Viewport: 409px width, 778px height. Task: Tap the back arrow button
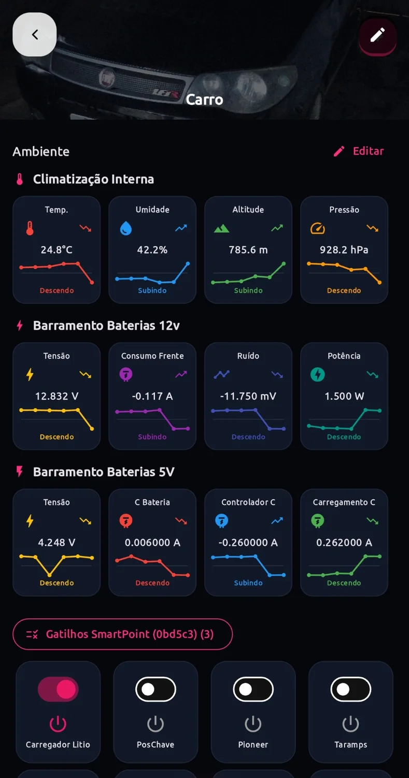point(34,34)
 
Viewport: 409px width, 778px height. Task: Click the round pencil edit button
point(377,35)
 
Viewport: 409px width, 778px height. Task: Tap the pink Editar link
point(359,151)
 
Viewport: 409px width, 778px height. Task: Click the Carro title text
point(204,100)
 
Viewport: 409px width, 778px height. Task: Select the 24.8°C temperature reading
point(57,249)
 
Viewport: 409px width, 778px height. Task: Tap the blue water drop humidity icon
point(125,229)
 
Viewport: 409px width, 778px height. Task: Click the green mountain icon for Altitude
point(221,229)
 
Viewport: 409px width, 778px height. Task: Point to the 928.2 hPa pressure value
point(344,249)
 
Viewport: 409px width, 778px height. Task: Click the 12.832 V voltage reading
point(57,396)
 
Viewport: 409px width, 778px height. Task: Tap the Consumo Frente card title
point(152,356)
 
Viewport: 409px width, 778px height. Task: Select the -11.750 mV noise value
point(248,396)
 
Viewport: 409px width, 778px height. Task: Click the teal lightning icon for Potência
point(317,374)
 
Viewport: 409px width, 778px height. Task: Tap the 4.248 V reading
point(57,542)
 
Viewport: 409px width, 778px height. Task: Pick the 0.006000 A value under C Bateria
point(152,542)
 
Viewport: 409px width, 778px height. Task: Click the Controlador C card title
point(248,502)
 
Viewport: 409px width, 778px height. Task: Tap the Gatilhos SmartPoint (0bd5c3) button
point(122,634)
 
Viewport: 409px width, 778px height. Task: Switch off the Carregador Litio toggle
point(58,689)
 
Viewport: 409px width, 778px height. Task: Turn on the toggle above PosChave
point(156,689)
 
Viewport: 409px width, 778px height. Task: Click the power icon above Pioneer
point(253,724)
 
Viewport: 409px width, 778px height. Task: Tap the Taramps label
point(350,745)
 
